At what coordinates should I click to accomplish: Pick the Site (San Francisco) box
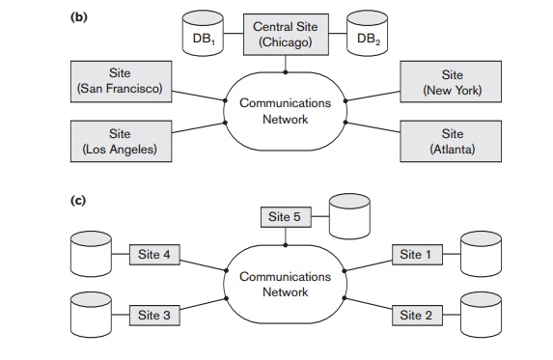[x=119, y=82]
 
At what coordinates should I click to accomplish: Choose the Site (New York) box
[x=452, y=82]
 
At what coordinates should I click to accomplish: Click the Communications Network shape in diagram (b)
[x=285, y=111]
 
